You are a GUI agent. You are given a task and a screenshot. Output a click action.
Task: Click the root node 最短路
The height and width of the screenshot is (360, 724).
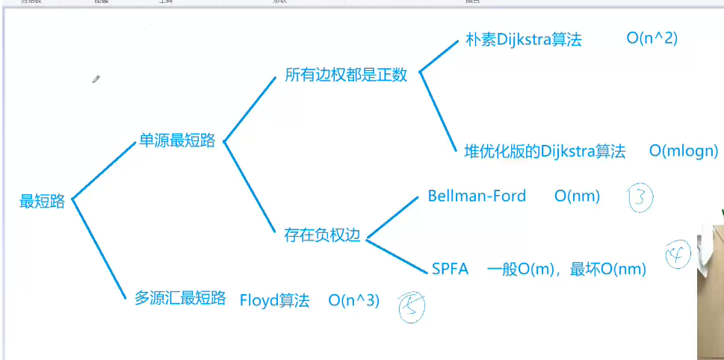click(43, 201)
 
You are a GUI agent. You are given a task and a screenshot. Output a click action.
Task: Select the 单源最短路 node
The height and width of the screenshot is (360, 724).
click(177, 140)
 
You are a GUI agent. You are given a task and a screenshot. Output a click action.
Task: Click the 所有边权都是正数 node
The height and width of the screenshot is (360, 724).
click(346, 75)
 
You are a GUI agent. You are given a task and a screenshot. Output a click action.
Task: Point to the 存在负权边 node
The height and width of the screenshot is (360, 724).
click(322, 235)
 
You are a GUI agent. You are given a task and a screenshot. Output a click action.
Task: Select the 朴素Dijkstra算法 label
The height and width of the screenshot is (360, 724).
click(523, 40)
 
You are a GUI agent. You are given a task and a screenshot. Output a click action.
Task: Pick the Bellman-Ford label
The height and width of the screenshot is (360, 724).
click(477, 196)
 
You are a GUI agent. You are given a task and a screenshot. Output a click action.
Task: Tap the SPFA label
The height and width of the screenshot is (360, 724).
click(450, 269)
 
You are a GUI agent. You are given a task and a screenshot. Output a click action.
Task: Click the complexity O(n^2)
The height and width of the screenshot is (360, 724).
click(652, 39)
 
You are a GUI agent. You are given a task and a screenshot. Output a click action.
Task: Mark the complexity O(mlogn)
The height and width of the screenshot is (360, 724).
click(684, 151)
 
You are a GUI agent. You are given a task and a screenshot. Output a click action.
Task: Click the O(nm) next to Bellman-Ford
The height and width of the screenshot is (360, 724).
click(578, 196)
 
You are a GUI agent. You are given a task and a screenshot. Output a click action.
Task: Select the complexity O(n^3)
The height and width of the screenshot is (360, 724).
click(354, 300)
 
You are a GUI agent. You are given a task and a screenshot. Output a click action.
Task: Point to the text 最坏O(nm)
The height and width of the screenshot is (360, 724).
click(607, 269)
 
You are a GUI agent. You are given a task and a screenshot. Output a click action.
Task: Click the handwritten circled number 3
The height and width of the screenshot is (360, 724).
click(640, 199)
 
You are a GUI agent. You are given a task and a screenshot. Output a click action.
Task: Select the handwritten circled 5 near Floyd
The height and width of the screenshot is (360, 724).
click(411, 305)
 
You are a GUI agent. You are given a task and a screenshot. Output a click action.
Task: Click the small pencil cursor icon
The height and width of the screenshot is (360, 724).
click(96, 79)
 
